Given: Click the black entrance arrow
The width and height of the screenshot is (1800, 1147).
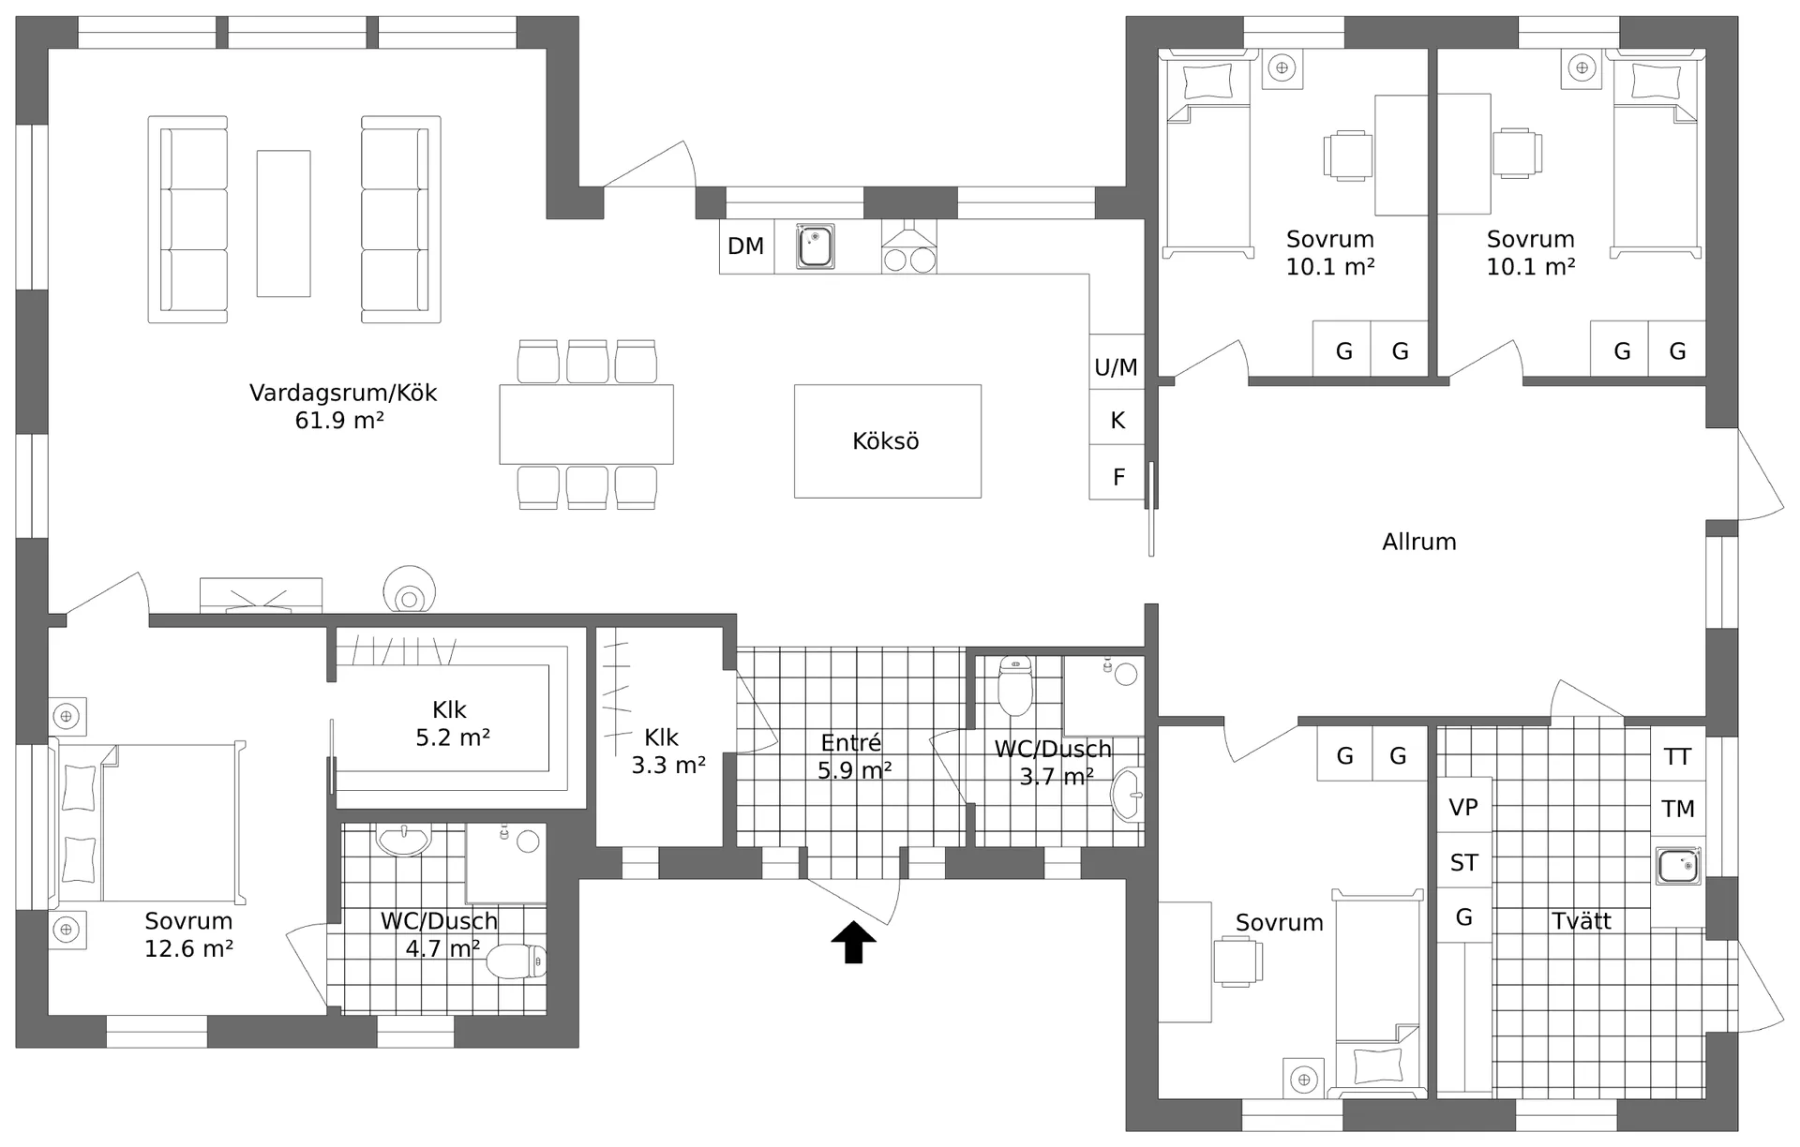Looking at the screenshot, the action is click(x=853, y=942).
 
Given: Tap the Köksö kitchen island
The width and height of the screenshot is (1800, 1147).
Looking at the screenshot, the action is click(x=888, y=440).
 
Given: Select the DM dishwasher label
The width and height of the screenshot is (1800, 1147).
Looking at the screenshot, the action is click(x=745, y=246).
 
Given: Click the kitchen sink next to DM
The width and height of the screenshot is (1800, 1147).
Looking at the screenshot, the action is click(x=815, y=246).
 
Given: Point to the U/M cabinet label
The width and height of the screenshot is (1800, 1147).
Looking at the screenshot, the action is click(x=1116, y=367).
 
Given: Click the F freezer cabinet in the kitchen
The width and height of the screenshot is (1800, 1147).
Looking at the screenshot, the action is click(x=1117, y=472).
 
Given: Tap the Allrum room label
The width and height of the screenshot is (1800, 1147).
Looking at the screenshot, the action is click(x=1418, y=542).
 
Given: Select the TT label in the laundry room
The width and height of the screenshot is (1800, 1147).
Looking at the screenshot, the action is click(x=1677, y=756).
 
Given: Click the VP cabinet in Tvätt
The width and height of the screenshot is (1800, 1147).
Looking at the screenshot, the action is click(x=1463, y=807).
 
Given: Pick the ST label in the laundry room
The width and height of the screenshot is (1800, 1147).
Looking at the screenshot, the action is click(x=1463, y=863).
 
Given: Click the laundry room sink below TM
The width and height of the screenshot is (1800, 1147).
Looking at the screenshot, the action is click(x=1678, y=866).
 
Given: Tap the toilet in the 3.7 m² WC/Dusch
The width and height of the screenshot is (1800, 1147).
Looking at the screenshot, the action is click(x=1014, y=685).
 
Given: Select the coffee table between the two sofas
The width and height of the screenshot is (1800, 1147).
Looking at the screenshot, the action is click(x=283, y=223).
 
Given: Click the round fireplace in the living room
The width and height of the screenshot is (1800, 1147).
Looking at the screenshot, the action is click(x=409, y=590).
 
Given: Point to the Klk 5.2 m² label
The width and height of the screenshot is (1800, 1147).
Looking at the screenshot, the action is click(x=452, y=723).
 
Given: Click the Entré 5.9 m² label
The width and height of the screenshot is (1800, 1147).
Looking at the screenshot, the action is click(x=853, y=756).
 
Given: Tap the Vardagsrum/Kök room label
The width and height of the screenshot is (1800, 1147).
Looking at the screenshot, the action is click(x=342, y=406).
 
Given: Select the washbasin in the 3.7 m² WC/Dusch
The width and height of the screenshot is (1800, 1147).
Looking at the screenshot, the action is click(x=1126, y=795).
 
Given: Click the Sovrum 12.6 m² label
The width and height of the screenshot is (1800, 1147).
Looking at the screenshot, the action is click(x=188, y=934).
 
